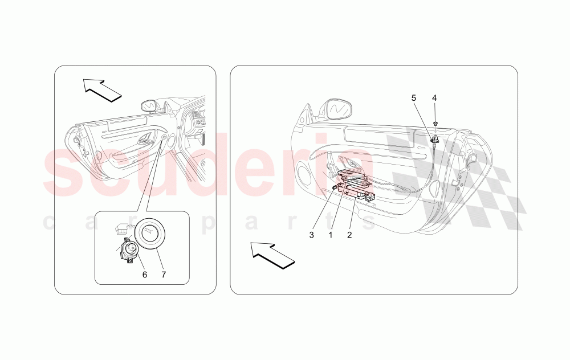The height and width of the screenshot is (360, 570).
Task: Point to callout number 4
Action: tap(434, 98)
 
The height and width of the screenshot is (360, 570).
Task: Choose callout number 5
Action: tap(414, 98)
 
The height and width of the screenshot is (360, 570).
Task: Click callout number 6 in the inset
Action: tap(144, 275)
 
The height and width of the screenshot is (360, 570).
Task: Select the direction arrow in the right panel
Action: tap(272, 253)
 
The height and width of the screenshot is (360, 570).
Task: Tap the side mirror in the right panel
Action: tap(339, 108)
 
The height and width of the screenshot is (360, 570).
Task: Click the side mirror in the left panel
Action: tap(149, 106)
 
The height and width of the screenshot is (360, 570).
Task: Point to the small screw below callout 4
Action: tap(435, 123)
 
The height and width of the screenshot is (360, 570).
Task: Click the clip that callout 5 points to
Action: tap(435, 138)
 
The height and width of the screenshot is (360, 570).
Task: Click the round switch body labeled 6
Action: tap(129, 249)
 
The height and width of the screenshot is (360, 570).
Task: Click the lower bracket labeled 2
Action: tap(365, 196)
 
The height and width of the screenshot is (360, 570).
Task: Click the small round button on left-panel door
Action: tap(165, 137)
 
